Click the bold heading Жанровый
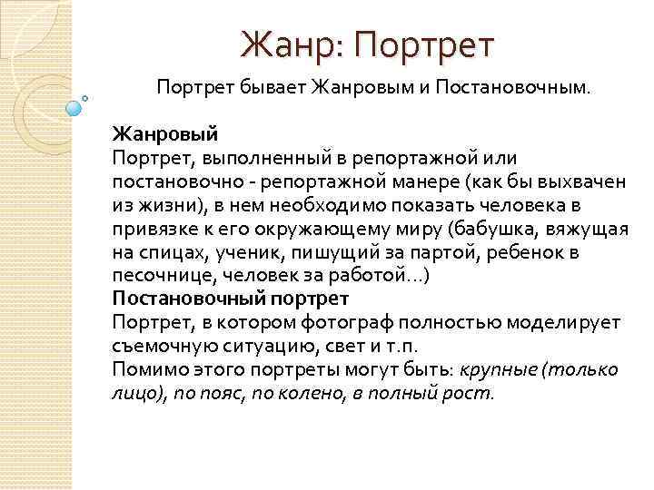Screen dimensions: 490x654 pyautogui.click(x=164, y=134)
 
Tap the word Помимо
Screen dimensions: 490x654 pyautogui.click(x=146, y=369)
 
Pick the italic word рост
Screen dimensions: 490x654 pyautogui.click(x=471, y=393)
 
